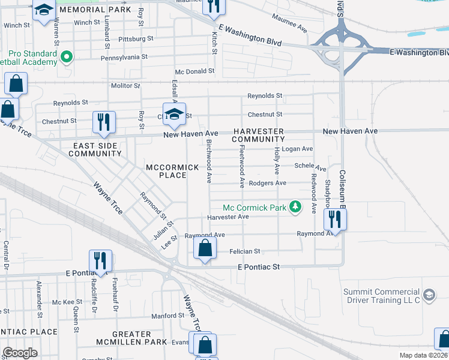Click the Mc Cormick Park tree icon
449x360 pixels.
pyautogui.click(x=295, y=207)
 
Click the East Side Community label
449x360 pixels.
pyautogui.click(x=95, y=149)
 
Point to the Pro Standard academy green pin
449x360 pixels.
pyautogui.click(x=67, y=58)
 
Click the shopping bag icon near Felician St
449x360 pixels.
pyautogui.click(x=205, y=247)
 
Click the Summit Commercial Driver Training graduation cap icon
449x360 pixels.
pyautogui.click(x=429, y=295)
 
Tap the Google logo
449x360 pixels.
pyautogui.click(x=20, y=353)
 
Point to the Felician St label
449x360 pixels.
pyautogui.click(x=245, y=251)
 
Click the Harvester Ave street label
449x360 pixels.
pyautogui.click(x=228, y=217)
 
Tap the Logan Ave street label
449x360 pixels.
pyautogui.click(x=298, y=149)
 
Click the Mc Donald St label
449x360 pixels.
pyautogui.click(x=194, y=71)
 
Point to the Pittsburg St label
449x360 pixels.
pyautogui.click(x=136, y=38)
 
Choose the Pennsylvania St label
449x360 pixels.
pyautogui.click(x=124, y=56)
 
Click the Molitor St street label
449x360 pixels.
pyautogui.click(x=125, y=86)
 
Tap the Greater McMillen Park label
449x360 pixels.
pyautogui.click(x=123, y=338)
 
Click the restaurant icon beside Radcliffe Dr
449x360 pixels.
pyautogui.click(x=100, y=260)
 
